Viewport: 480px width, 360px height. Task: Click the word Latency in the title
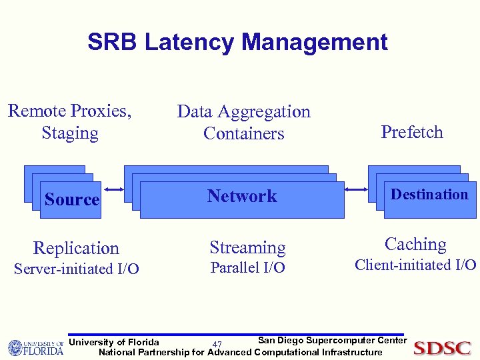pos(191,43)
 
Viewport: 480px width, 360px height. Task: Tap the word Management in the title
pos(315,43)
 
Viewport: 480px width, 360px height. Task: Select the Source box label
pos(72,199)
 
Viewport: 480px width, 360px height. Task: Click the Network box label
pos(242,196)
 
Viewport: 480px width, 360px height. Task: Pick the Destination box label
pos(429,195)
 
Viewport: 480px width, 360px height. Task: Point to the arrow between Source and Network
pos(113,189)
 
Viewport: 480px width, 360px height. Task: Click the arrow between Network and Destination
pos(357,189)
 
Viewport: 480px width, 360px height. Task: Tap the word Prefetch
pos(412,132)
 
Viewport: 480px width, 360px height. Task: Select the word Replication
pos(76,248)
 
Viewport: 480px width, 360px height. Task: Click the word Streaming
pos(247,247)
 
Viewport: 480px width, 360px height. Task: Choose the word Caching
pos(415,244)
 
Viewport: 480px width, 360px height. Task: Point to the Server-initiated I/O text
pos(77,269)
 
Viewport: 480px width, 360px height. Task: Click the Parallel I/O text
pos(247,268)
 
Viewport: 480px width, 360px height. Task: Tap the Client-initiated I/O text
pos(415,265)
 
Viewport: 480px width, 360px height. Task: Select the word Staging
pos(70,133)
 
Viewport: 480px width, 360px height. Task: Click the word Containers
pos(244,133)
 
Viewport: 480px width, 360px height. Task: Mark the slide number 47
pos(217,345)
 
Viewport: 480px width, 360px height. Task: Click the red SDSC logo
pos(442,348)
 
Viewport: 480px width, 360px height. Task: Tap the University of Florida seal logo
pos(16,347)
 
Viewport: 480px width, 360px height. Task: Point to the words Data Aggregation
pos(244,111)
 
